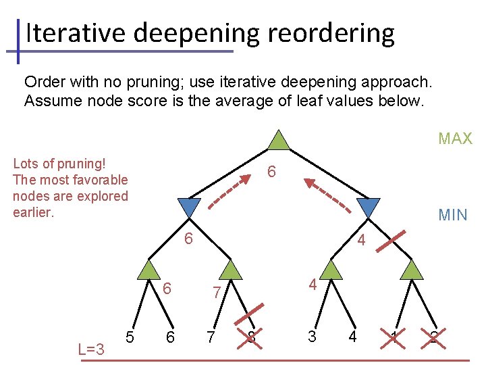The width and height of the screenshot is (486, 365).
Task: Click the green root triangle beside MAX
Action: pos(279,140)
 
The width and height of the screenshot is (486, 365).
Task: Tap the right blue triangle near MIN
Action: pos(369,208)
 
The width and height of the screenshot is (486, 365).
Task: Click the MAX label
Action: pos(455,139)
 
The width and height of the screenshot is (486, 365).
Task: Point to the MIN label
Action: pos(452,215)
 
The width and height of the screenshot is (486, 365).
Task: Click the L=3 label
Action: pos(91,349)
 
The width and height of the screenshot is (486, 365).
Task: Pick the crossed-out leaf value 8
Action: pos(251,336)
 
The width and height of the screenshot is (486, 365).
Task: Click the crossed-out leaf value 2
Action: pos(433,337)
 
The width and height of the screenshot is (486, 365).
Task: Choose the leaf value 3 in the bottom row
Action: pos(311,336)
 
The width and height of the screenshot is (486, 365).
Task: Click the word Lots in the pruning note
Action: pos(26,164)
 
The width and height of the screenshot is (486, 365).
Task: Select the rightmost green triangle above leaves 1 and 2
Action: pos(411,270)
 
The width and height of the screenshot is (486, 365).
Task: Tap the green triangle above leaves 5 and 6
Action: pos(146,270)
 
